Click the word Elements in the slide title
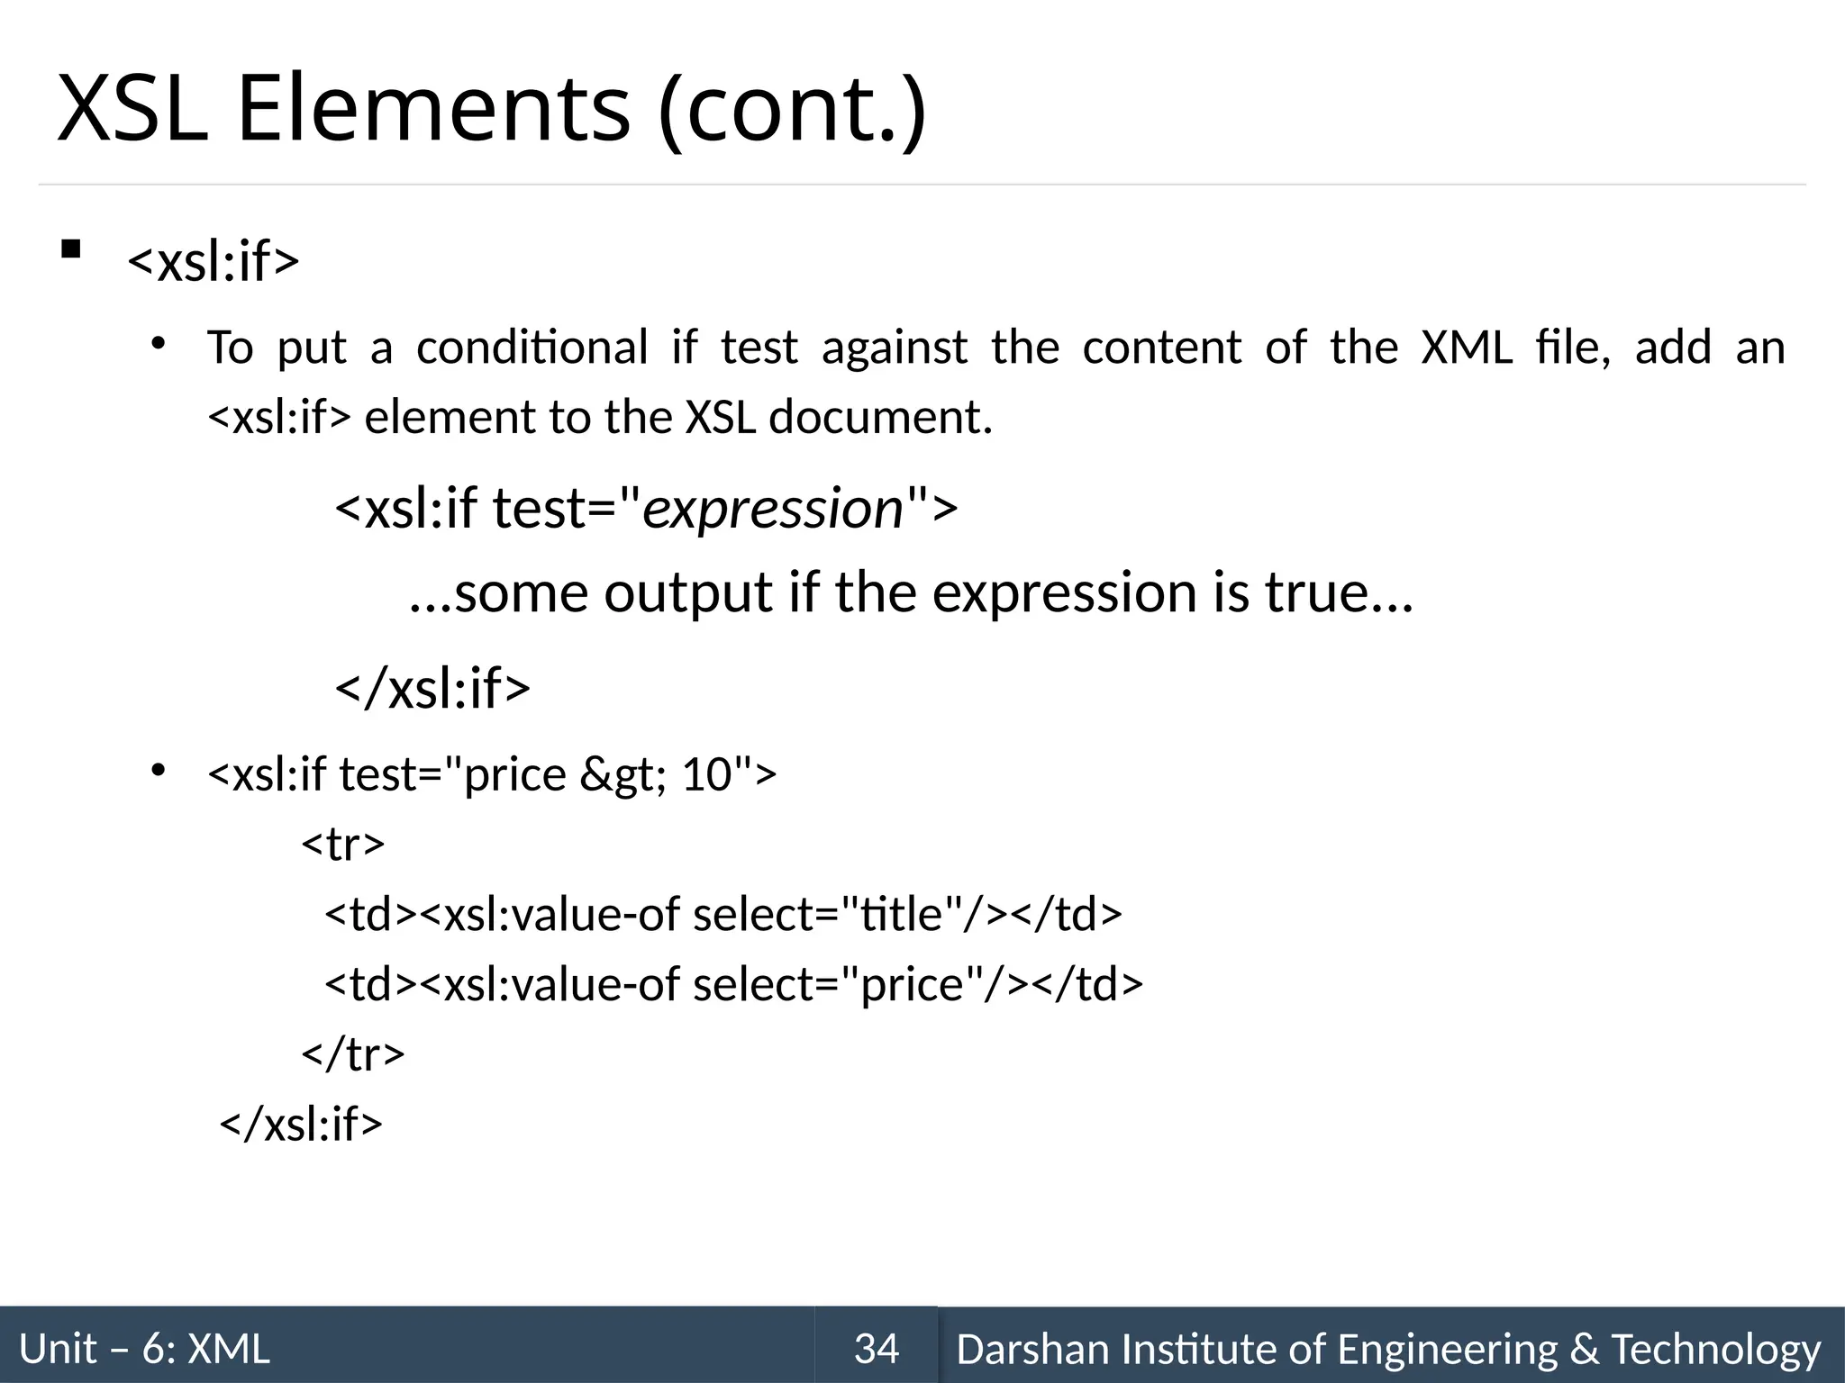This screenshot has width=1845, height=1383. [x=432, y=109]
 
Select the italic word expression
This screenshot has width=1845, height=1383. [x=773, y=509]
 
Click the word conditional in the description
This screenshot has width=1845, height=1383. [x=532, y=348]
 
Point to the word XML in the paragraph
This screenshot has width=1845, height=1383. [x=1467, y=348]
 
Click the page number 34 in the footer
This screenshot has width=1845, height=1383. [x=876, y=1349]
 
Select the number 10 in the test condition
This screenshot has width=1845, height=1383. [x=705, y=775]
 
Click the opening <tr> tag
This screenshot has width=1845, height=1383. [x=343, y=845]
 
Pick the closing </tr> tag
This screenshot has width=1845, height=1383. [x=353, y=1053]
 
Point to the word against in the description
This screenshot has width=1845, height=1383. [x=894, y=348]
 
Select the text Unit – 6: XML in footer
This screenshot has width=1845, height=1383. [x=144, y=1349]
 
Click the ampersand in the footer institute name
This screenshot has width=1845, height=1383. [x=1584, y=1349]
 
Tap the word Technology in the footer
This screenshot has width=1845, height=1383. [x=1715, y=1349]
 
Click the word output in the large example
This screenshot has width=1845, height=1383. [x=688, y=593]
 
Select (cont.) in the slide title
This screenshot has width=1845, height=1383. [x=791, y=109]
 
